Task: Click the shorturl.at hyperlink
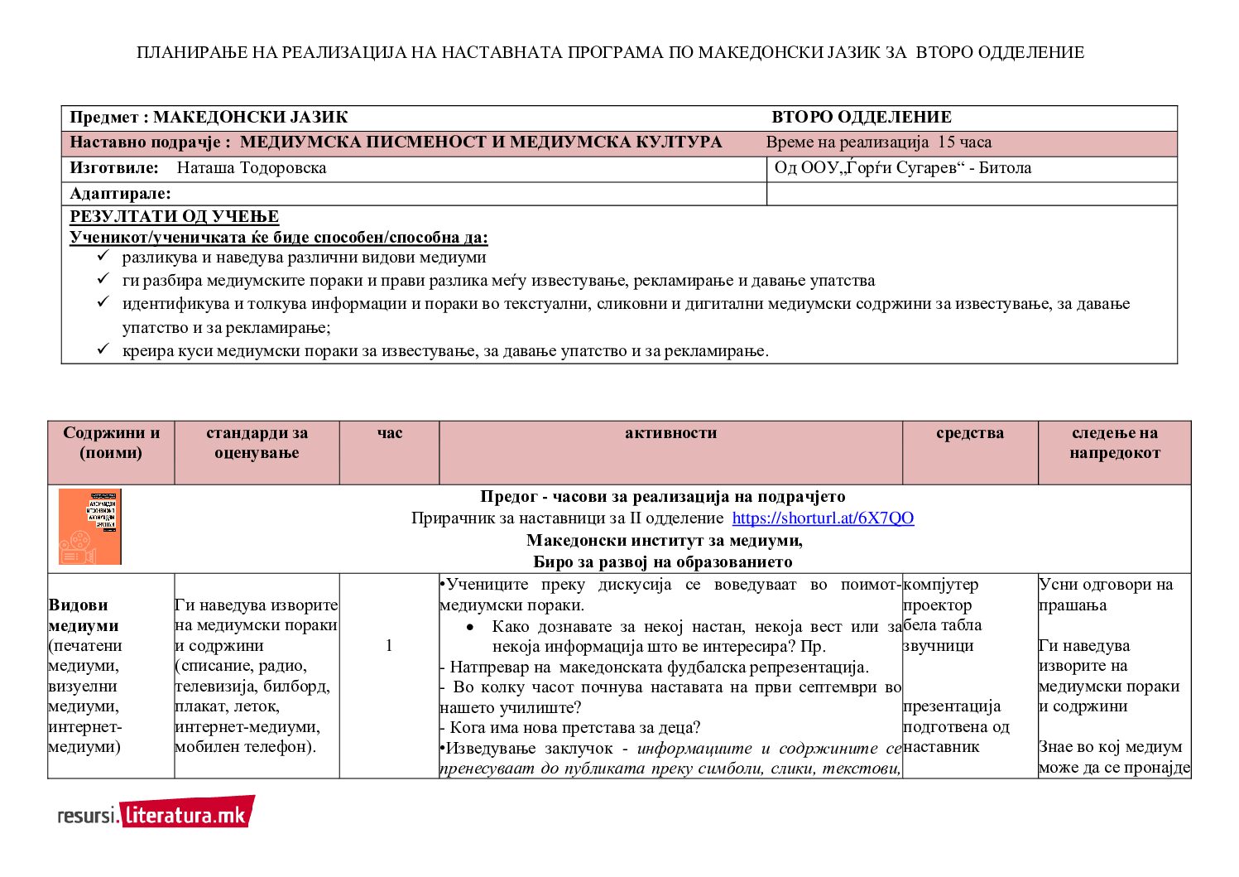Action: click(823, 518)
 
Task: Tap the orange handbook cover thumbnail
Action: click(90, 527)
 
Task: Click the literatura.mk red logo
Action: click(187, 813)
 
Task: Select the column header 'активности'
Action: click(670, 433)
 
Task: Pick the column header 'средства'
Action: click(969, 433)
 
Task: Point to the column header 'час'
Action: click(389, 433)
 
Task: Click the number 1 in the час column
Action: click(389, 646)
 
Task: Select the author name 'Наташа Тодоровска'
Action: click(252, 168)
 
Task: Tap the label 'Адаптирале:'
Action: click(120, 194)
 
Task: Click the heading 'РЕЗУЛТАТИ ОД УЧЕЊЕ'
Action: click(174, 217)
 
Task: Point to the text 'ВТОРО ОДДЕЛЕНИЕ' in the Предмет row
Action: click(861, 118)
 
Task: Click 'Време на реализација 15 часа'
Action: click(878, 142)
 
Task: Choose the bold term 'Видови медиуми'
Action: click(84, 615)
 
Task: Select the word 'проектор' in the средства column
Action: click(937, 605)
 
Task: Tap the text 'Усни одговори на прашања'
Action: click(1105, 595)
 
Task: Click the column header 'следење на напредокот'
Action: click(1114, 443)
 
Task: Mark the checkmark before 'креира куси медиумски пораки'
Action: click(103, 349)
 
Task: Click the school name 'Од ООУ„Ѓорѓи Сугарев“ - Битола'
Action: click(902, 168)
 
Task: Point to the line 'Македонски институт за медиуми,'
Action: click(664, 541)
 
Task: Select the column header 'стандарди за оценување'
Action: click(257, 443)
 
